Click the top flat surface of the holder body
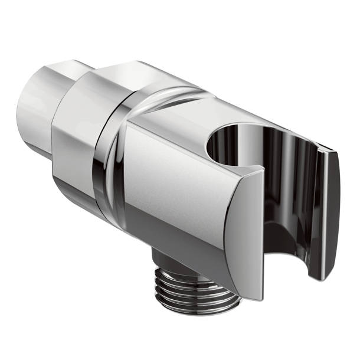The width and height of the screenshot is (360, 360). tap(177, 115)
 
